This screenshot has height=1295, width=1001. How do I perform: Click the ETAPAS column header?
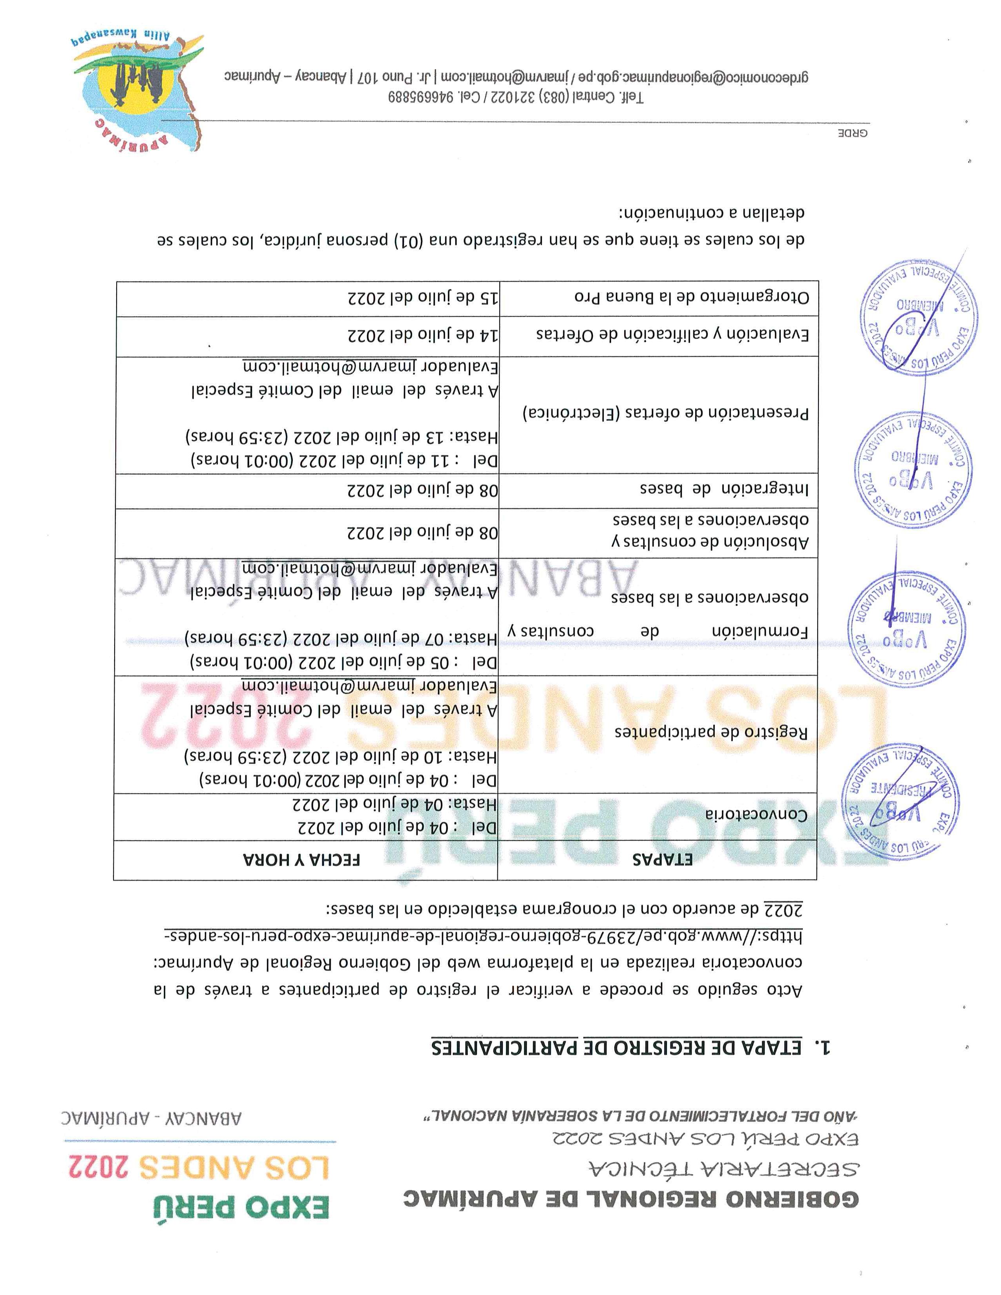[x=662, y=859]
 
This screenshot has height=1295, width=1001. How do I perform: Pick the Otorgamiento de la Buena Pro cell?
[x=691, y=296]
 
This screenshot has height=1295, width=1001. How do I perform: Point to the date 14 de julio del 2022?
[x=422, y=336]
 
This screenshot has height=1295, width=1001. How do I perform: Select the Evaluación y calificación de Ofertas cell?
[x=672, y=334]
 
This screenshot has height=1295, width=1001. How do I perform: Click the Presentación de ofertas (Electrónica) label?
[x=665, y=413]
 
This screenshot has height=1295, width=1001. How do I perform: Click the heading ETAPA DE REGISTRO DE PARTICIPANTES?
[x=617, y=1048]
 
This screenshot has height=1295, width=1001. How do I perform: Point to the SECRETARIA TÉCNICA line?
[x=723, y=1168]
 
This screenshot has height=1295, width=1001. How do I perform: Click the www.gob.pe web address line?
[x=483, y=936]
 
